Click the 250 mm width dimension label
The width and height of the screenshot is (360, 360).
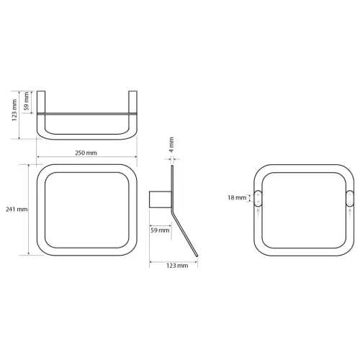tap(86, 153)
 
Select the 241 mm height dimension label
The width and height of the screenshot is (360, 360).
tap(17, 210)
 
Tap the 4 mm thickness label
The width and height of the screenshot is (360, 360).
tap(171, 145)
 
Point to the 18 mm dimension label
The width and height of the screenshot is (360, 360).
tap(237, 197)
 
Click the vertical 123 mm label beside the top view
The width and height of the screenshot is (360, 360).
tap(14, 110)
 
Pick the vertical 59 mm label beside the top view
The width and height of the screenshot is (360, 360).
tap(27, 101)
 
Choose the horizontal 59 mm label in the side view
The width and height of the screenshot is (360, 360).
tap(160, 230)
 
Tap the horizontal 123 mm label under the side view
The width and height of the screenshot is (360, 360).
tap(177, 266)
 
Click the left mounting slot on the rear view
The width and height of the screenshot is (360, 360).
tap(258, 198)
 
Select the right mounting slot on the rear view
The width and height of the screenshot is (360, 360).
tap(350, 198)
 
